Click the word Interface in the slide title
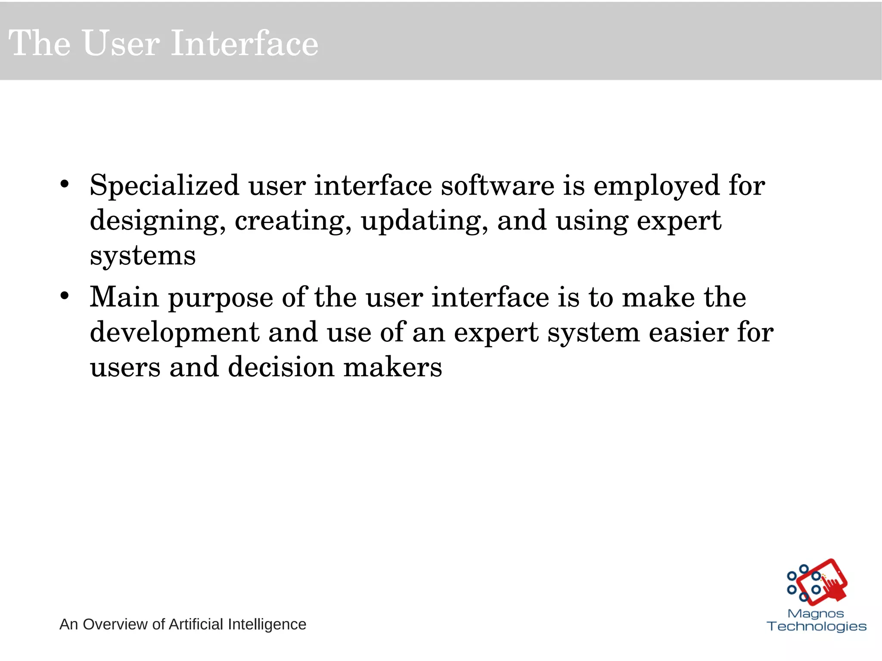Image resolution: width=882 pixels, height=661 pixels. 244,43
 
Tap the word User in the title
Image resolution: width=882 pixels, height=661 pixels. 121,43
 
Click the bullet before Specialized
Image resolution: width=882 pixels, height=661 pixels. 65,184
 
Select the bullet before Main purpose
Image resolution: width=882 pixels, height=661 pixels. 65,296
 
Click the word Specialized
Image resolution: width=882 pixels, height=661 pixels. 164,186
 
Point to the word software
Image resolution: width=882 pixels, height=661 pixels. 497,186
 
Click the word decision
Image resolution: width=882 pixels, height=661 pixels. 281,367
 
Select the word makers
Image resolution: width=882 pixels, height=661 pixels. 392,367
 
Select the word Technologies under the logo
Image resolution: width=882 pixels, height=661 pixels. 816,627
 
